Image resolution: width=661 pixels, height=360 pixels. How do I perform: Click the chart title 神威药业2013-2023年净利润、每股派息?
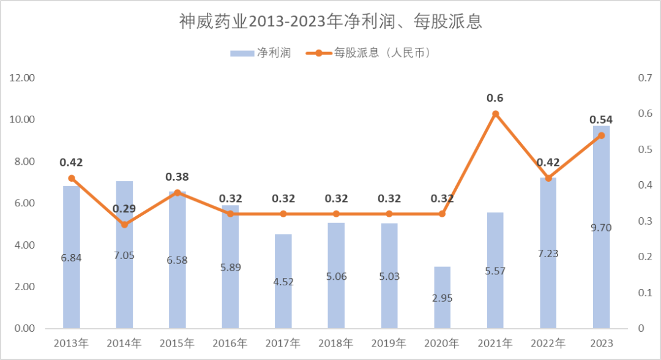click(x=330, y=21)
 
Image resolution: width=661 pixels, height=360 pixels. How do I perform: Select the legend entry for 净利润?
click(x=261, y=53)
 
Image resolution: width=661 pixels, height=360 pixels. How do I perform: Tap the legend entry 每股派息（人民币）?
click(x=368, y=53)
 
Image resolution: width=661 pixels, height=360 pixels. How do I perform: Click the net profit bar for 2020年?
click(x=443, y=297)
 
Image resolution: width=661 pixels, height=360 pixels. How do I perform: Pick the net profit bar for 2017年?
click(x=283, y=281)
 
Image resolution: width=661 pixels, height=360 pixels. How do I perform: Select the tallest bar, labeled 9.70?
click(x=601, y=227)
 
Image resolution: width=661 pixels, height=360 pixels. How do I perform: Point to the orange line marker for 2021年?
click(x=495, y=114)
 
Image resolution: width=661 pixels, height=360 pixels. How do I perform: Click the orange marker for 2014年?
click(x=124, y=224)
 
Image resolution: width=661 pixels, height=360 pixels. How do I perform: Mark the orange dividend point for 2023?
click(x=601, y=135)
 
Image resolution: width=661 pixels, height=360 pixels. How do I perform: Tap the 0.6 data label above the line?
click(x=495, y=98)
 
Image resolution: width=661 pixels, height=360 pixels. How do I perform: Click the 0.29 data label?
click(x=124, y=209)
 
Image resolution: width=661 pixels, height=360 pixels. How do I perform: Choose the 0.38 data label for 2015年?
click(x=177, y=177)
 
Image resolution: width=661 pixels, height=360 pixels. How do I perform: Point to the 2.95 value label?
click(x=443, y=298)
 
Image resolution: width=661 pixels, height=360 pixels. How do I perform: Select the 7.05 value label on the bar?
click(x=124, y=255)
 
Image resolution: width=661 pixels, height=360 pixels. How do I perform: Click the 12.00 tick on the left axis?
click(x=23, y=78)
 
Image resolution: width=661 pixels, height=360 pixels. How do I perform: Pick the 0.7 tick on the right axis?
click(x=645, y=78)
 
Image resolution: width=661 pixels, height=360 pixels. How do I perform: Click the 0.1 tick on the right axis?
click(x=645, y=293)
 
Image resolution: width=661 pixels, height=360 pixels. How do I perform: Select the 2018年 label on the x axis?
click(x=336, y=343)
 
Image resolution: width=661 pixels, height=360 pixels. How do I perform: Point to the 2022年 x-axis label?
click(x=548, y=343)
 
